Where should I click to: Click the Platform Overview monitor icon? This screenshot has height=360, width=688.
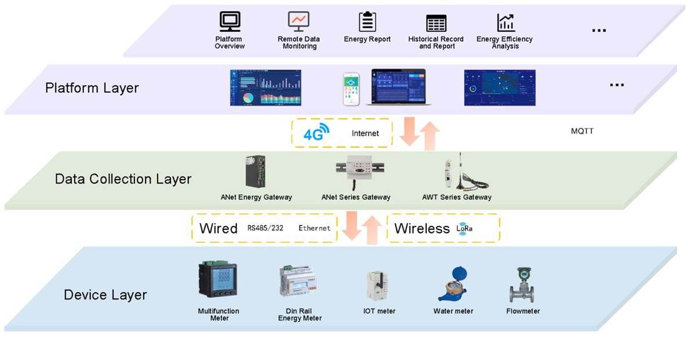[x=230, y=22]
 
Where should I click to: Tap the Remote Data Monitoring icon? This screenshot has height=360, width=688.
[x=299, y=22]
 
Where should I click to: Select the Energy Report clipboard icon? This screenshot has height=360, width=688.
[x=367, y=22]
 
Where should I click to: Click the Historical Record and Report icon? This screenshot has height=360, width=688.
[x=436, y=23]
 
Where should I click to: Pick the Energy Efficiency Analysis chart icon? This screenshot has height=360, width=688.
[x=505, y=23]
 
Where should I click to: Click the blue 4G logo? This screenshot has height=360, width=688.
[x=316, y=133]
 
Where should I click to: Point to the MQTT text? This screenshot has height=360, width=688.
[x=582, y=131]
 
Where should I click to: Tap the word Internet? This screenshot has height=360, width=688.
[x=365, y=133]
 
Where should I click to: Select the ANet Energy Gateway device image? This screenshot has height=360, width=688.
[x=256, y=172]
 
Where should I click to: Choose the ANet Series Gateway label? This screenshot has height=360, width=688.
[x=356, y=197]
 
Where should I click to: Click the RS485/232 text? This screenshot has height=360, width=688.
[x=265, y=228]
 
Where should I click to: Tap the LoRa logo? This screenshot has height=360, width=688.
[x=464, y=228]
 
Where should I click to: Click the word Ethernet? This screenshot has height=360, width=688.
[x=314, y=228]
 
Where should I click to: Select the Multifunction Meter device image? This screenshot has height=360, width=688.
[x=217, y=282]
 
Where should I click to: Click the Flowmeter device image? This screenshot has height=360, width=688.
[x=522, y=285]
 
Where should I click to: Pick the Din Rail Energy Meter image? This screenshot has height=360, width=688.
[x=299, y=282]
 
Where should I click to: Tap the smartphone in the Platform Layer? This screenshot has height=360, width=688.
[x=351, y=89]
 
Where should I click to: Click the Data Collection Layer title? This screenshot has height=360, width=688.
[x=123, y=179]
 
